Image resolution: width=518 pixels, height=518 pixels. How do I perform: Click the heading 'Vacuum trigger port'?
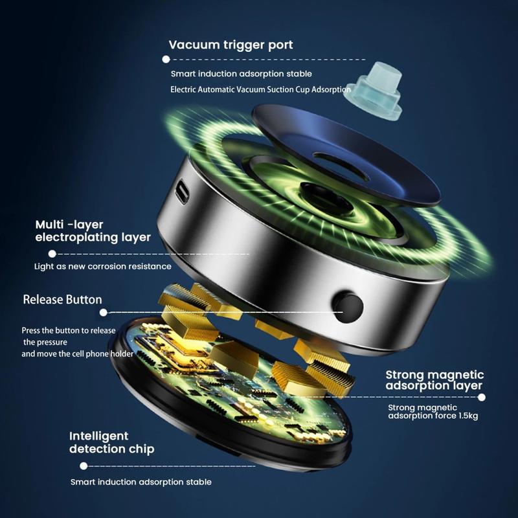click(231, 45)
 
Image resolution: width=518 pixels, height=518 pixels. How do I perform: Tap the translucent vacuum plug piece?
click(374, 91)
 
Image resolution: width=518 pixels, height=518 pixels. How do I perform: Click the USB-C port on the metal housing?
click(182, 191)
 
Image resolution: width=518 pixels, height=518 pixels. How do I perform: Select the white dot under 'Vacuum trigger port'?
click(166, 60)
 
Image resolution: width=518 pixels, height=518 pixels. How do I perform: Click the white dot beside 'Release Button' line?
click(104, 313)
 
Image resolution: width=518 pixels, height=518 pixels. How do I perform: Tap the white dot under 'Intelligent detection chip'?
click(84, 466)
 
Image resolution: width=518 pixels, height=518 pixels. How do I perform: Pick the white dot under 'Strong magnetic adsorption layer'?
click(482, 398)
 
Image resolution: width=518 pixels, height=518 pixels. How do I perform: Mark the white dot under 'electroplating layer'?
click(52, 254)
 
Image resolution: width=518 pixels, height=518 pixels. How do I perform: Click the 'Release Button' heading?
click(62, 300)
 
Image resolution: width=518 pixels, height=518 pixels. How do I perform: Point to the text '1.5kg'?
click(468, 416)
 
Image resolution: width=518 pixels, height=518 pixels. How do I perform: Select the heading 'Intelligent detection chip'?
click(111, 443)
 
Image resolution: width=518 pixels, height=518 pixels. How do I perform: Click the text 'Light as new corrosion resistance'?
click(103, 267)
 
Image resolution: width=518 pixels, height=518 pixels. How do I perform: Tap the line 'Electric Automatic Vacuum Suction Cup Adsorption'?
click(260, 89)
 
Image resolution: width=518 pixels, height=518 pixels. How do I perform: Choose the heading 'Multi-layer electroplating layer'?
click(93, 231)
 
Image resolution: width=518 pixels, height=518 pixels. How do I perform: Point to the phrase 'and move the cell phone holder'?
click(77, 354)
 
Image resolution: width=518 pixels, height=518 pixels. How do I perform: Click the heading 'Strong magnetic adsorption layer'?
click(434, 380)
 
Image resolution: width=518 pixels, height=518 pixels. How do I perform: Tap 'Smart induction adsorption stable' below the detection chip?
click(141, 482)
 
